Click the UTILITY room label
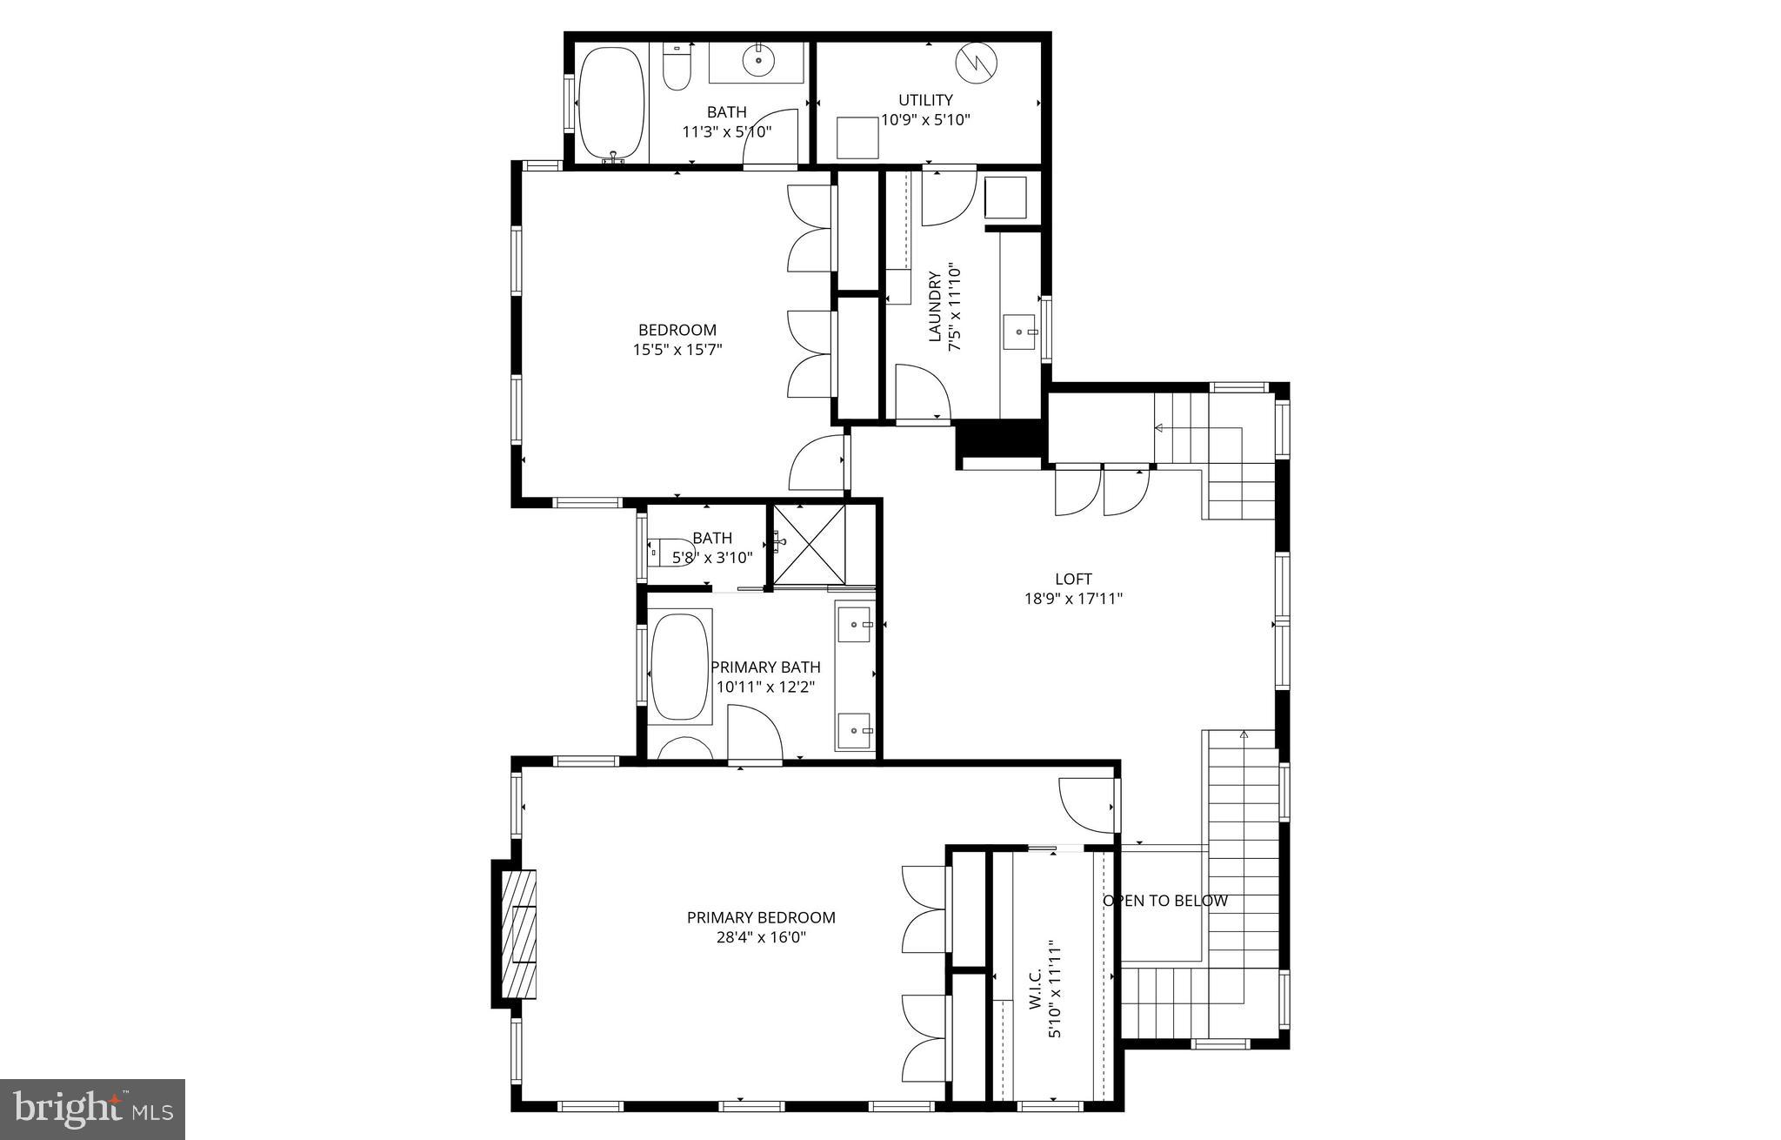pos(925,100)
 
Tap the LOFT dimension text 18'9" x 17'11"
pos(1073,599)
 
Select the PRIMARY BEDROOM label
pos(761,917)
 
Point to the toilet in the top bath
pos(676,68)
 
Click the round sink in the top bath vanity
pos(759,60)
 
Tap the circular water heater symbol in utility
pos(977,62)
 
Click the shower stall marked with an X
pos(809,545)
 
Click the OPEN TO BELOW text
pos(1165,901)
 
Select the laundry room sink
pos(1019,332)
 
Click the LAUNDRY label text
pos(935,306)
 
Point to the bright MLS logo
pos(93,1110)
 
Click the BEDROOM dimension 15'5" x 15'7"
pos(677,350)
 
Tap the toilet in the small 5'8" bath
pos(670,551)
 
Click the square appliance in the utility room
pos(857,138)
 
